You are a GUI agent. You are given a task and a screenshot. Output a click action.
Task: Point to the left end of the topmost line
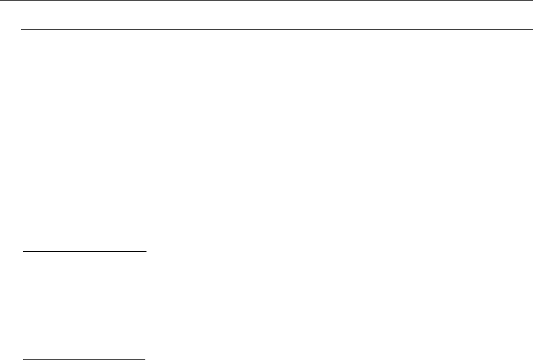click(1, 1)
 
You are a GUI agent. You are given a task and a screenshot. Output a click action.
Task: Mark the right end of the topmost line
click(531, 1)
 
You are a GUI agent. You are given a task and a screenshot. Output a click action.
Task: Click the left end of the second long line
click(22, 29)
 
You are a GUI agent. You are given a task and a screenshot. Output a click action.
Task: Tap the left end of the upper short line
click(22, 251)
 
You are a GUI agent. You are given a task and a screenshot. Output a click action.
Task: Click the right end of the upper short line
click(145, 251)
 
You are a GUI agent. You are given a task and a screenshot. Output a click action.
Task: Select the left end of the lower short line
click(22, 358)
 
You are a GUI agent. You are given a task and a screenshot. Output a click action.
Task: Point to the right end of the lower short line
click(145, 358)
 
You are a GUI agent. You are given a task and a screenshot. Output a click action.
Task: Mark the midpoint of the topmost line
click(266, 1)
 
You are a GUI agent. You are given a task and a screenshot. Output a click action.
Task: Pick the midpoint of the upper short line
click(83, 251)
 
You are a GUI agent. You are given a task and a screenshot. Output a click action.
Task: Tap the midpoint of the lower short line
click(83, 358)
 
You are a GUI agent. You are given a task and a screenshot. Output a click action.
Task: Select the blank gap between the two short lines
click(83, 305)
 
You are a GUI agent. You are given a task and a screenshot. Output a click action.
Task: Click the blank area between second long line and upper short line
click(266, 141)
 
